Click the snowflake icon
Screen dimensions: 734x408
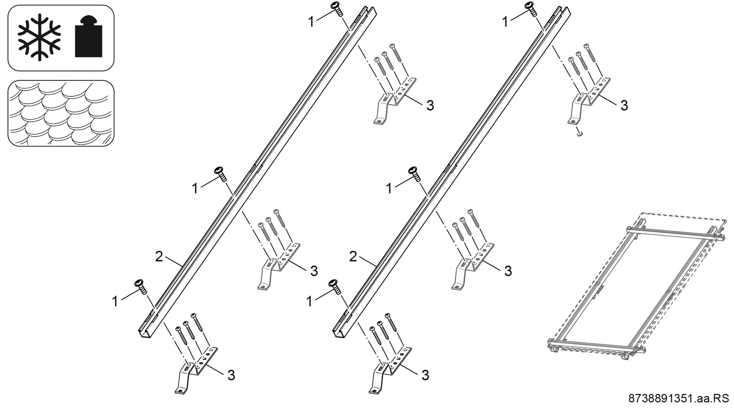[x=39, y=37]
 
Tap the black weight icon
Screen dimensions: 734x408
[x=88, y=37]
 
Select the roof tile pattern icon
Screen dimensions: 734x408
[x=61, y=113]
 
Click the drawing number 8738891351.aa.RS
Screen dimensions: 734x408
[x=679, y=398]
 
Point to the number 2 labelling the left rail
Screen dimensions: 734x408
[x=159, y=257]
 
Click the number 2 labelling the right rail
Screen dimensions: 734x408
[x=353, y=257]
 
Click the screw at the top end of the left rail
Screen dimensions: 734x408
[x=337, y=8]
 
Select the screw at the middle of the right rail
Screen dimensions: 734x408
[x=414, y=174]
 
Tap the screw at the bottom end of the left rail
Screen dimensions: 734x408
[x=141, y=287]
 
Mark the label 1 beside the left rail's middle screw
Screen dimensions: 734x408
[x=195, y=189]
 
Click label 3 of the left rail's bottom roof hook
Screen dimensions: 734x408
[x=231, y=375]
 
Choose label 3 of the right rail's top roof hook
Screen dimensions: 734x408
[x=624, y=106]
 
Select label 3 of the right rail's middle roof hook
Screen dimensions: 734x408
[x=508, y=271]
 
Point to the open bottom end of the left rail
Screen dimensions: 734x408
[x=146, y=333]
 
